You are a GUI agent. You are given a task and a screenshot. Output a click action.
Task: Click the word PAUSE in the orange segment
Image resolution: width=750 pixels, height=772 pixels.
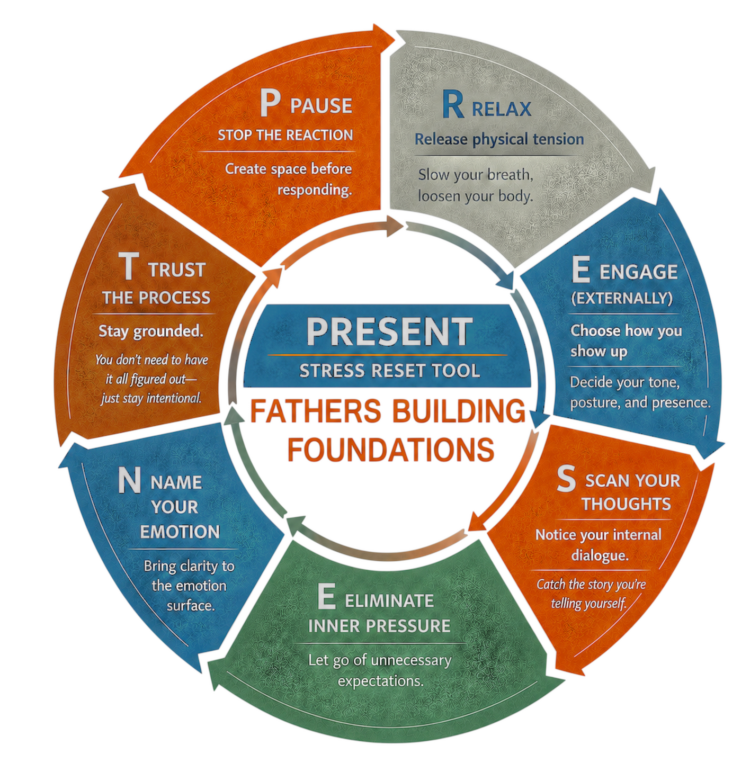(322, 105)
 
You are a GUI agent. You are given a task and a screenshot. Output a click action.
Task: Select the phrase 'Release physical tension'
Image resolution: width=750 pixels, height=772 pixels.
(499, 139)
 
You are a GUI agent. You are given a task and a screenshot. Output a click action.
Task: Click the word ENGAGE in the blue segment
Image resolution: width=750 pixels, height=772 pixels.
(638, 272)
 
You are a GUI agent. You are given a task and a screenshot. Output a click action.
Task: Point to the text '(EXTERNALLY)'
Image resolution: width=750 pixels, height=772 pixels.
(622, 298)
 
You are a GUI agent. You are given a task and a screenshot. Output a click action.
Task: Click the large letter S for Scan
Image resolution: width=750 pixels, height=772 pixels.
(566, 479)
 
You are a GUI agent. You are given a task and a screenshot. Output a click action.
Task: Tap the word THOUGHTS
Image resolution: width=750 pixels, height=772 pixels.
(626, 504)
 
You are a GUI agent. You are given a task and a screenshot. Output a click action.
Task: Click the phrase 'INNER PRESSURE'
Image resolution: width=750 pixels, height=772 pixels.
(379, 626)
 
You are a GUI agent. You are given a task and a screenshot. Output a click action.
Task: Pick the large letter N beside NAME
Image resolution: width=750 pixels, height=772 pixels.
(129, 480)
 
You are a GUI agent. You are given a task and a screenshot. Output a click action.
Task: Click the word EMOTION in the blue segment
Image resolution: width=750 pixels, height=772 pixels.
(180, 532)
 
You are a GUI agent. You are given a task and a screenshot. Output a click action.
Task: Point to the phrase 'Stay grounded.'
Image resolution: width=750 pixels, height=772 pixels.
(151, 331)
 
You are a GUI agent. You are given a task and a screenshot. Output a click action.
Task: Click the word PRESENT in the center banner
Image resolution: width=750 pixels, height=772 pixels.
(389, 331)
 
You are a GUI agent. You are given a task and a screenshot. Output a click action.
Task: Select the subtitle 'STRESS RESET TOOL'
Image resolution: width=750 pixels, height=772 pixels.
(389, 371)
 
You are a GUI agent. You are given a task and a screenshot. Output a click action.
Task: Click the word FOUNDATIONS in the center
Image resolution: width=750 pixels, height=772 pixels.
(391, 450)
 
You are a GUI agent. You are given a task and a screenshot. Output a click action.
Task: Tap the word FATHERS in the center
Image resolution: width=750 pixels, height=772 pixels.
(316, 410)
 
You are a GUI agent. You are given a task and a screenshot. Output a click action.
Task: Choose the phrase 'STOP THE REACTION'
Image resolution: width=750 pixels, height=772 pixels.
(285, 135)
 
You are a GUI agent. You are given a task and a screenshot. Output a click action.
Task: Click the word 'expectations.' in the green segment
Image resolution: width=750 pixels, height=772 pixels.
(380, 681)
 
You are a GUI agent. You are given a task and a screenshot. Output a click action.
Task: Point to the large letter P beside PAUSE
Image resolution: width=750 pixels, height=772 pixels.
(270, 102)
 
